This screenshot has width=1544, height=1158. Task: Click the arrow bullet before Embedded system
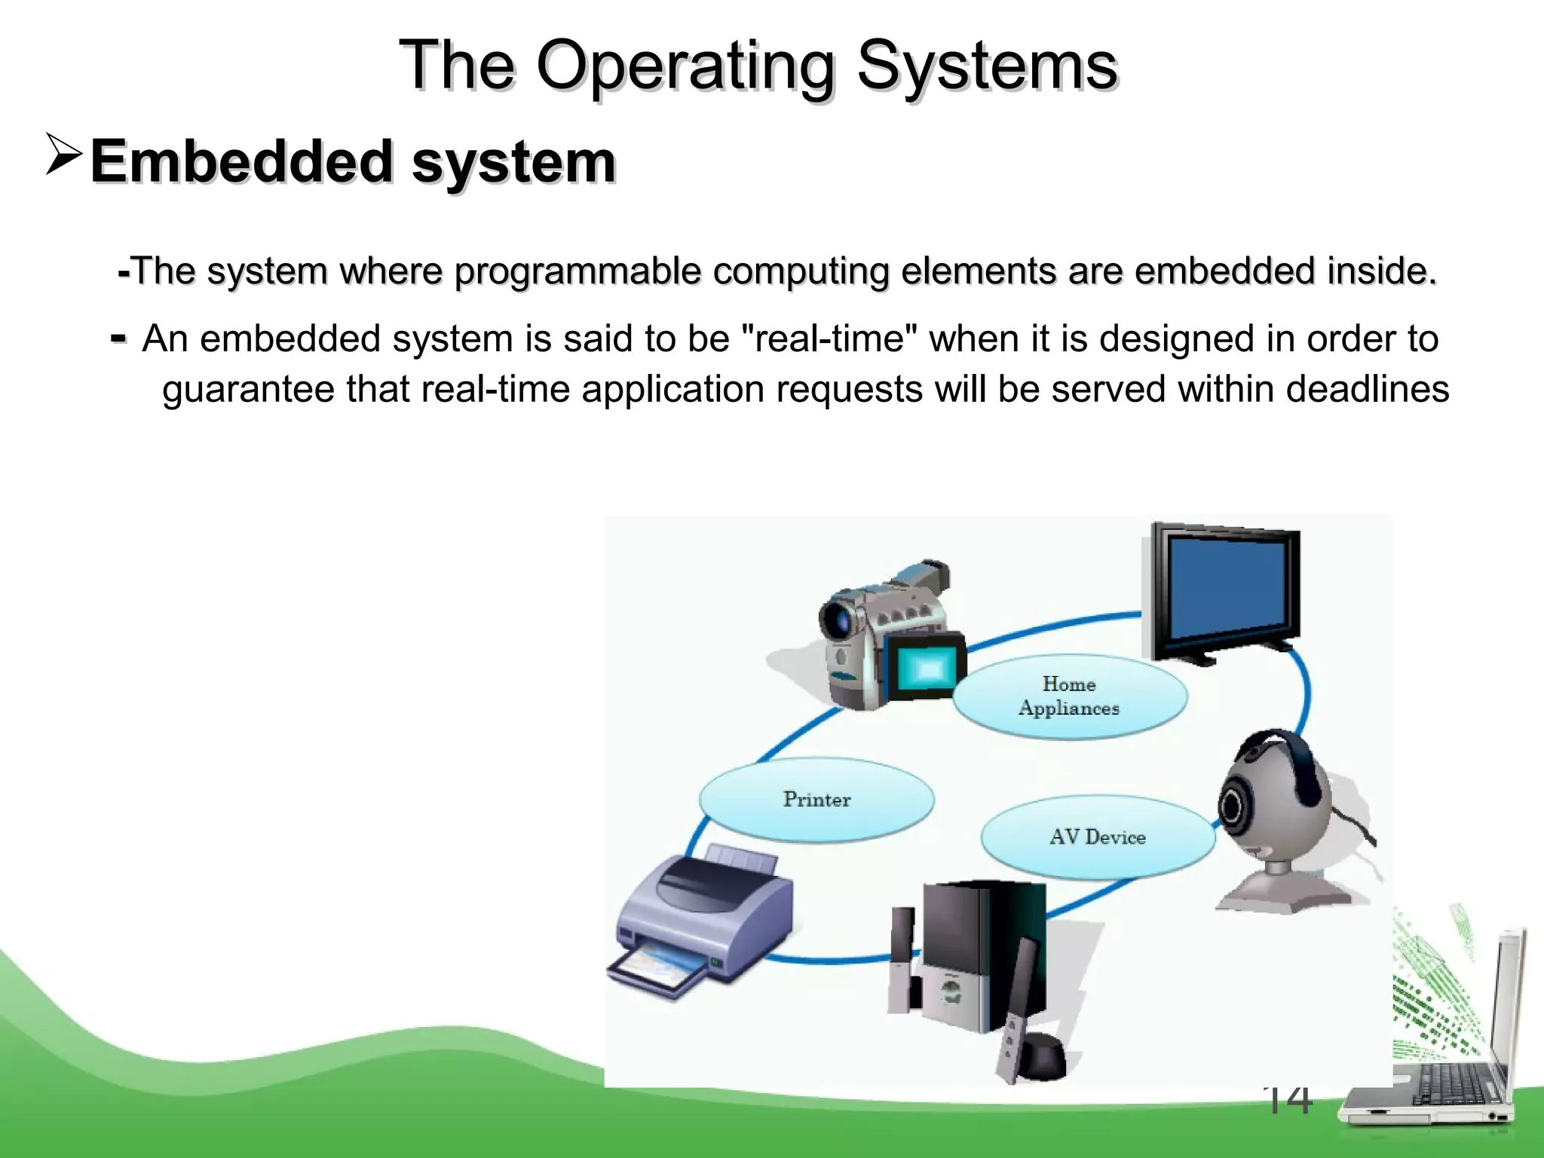point(63,154)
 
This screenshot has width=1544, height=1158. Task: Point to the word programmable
point(577,271)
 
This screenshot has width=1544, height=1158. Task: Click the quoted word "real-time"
point(830,339)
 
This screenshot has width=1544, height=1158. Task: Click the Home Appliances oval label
point(1069,696)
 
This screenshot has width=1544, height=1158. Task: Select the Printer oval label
point(816,799)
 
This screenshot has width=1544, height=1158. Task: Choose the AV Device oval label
point(1097,837)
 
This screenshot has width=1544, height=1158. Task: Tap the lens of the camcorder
point(838,622)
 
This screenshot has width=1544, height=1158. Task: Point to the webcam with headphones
point(1274,814)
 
